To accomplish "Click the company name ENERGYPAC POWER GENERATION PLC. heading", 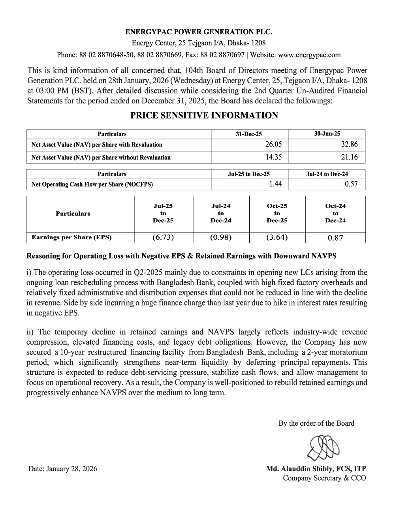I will (x=199, y=32).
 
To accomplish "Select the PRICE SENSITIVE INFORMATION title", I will (x=204, y=115).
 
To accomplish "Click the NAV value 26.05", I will (x=273, y=145).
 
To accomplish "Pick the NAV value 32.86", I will (x=349, y=145).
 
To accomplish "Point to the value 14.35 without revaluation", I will (x=273, y=157).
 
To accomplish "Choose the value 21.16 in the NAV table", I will (x=349, y=157).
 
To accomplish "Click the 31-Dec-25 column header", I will (x=249, y=134).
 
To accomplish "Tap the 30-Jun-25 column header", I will (x=327, y=134).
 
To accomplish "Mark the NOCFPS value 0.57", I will (x=351, y=184).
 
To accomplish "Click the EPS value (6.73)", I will (x=163, y=237).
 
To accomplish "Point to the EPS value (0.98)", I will (x=221, y=237).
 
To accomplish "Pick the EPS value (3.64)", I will (x=277, y=237).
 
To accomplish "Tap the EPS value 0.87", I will (x=335, y=238).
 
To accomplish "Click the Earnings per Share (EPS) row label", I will (x=71, y=237).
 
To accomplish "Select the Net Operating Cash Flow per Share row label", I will (x=92, y=184).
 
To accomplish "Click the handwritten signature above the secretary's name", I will (x=323, y=447).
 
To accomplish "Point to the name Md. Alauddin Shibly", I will (x=300, y=469).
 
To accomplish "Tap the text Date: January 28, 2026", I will (x=62, y=469).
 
